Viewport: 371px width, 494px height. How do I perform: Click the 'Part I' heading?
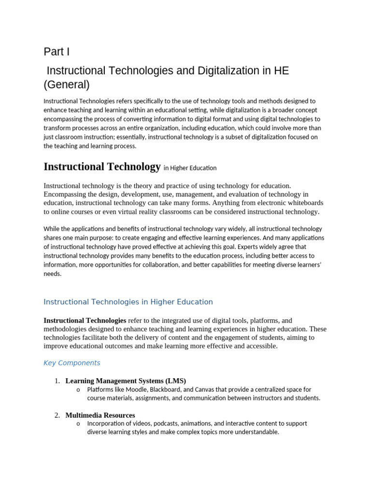coord(57,52)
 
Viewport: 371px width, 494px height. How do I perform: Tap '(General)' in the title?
coord(67,85)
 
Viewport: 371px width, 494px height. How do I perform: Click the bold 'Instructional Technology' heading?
coord(102,167)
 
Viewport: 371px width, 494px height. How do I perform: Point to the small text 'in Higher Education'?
coord(190,168)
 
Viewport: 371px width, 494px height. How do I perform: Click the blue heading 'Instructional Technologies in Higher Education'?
coord(128,302)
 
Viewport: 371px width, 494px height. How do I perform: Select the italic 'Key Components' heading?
coord(72,363)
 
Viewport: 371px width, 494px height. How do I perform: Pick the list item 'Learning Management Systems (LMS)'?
coord(126,381)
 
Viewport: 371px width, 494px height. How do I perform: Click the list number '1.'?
coord(57,381)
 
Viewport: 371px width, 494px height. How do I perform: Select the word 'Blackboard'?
coord(165,389)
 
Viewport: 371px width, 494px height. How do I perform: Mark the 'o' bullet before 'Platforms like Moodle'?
coord(78,390)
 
